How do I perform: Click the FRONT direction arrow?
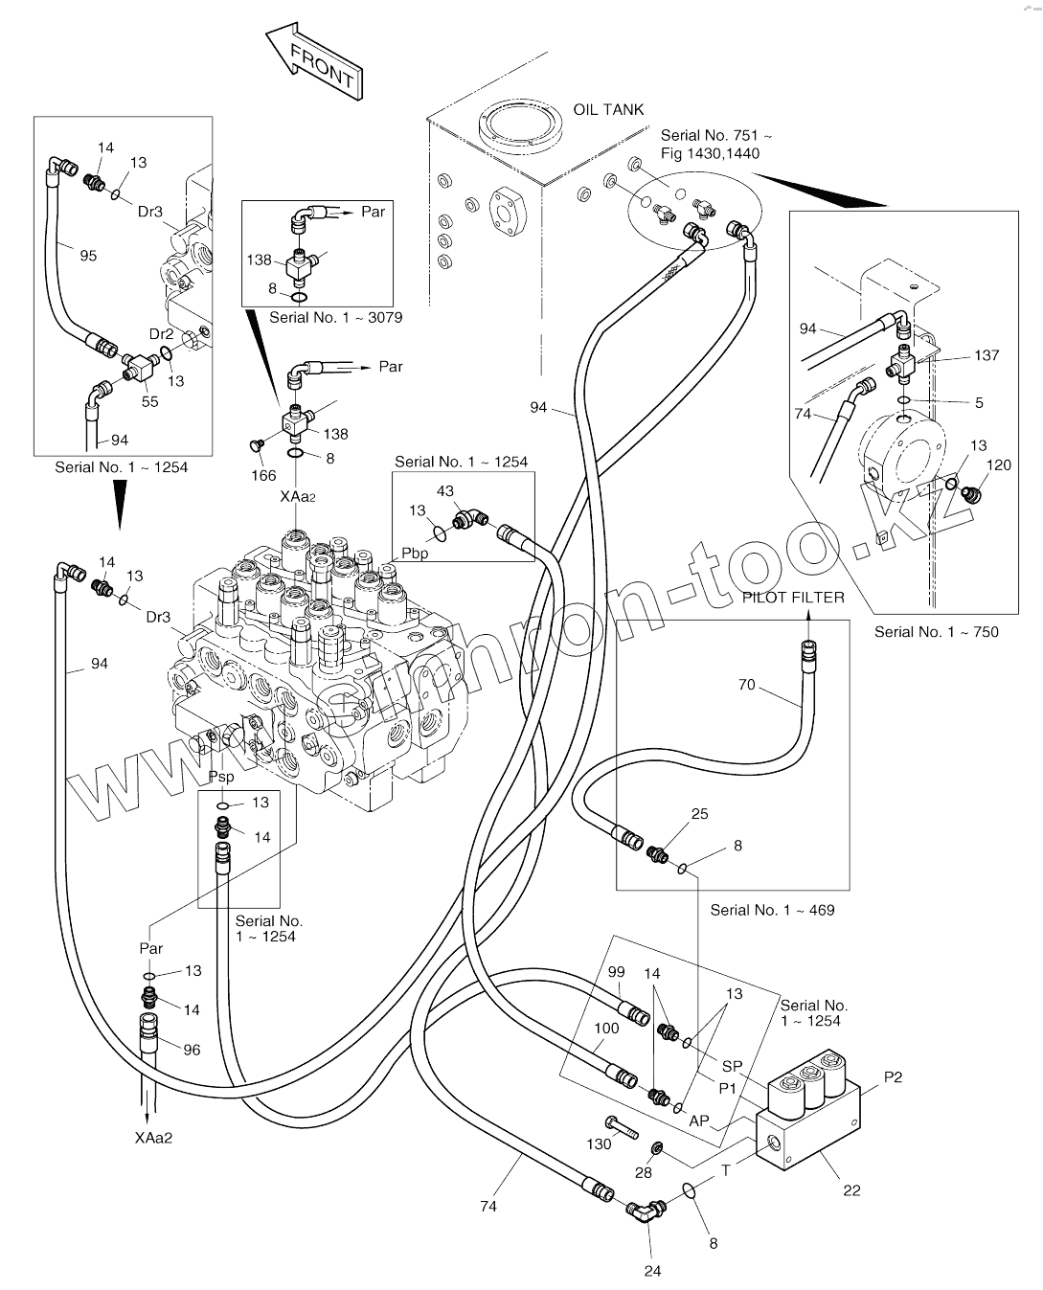pos(314,62)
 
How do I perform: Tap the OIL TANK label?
pos(608,110)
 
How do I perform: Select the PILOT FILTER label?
pos(793,598)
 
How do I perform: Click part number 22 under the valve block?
pos(851,1190)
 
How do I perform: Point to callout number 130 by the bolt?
pos(599,1144)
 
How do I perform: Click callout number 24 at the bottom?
pos(652,1271)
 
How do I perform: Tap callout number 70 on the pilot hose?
pos(746,685)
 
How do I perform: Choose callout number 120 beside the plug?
pos(998,465)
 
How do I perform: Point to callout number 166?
pos(263,475)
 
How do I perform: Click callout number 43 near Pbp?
pos(445,491)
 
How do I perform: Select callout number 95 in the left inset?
pos(88,256)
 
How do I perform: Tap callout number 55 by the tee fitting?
pos(149,402)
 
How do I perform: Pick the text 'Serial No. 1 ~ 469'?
pos(772,910)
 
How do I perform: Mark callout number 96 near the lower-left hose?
pos(192,1050)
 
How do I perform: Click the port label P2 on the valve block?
pos(893,1077)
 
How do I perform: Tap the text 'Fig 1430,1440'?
pos(710,153)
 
